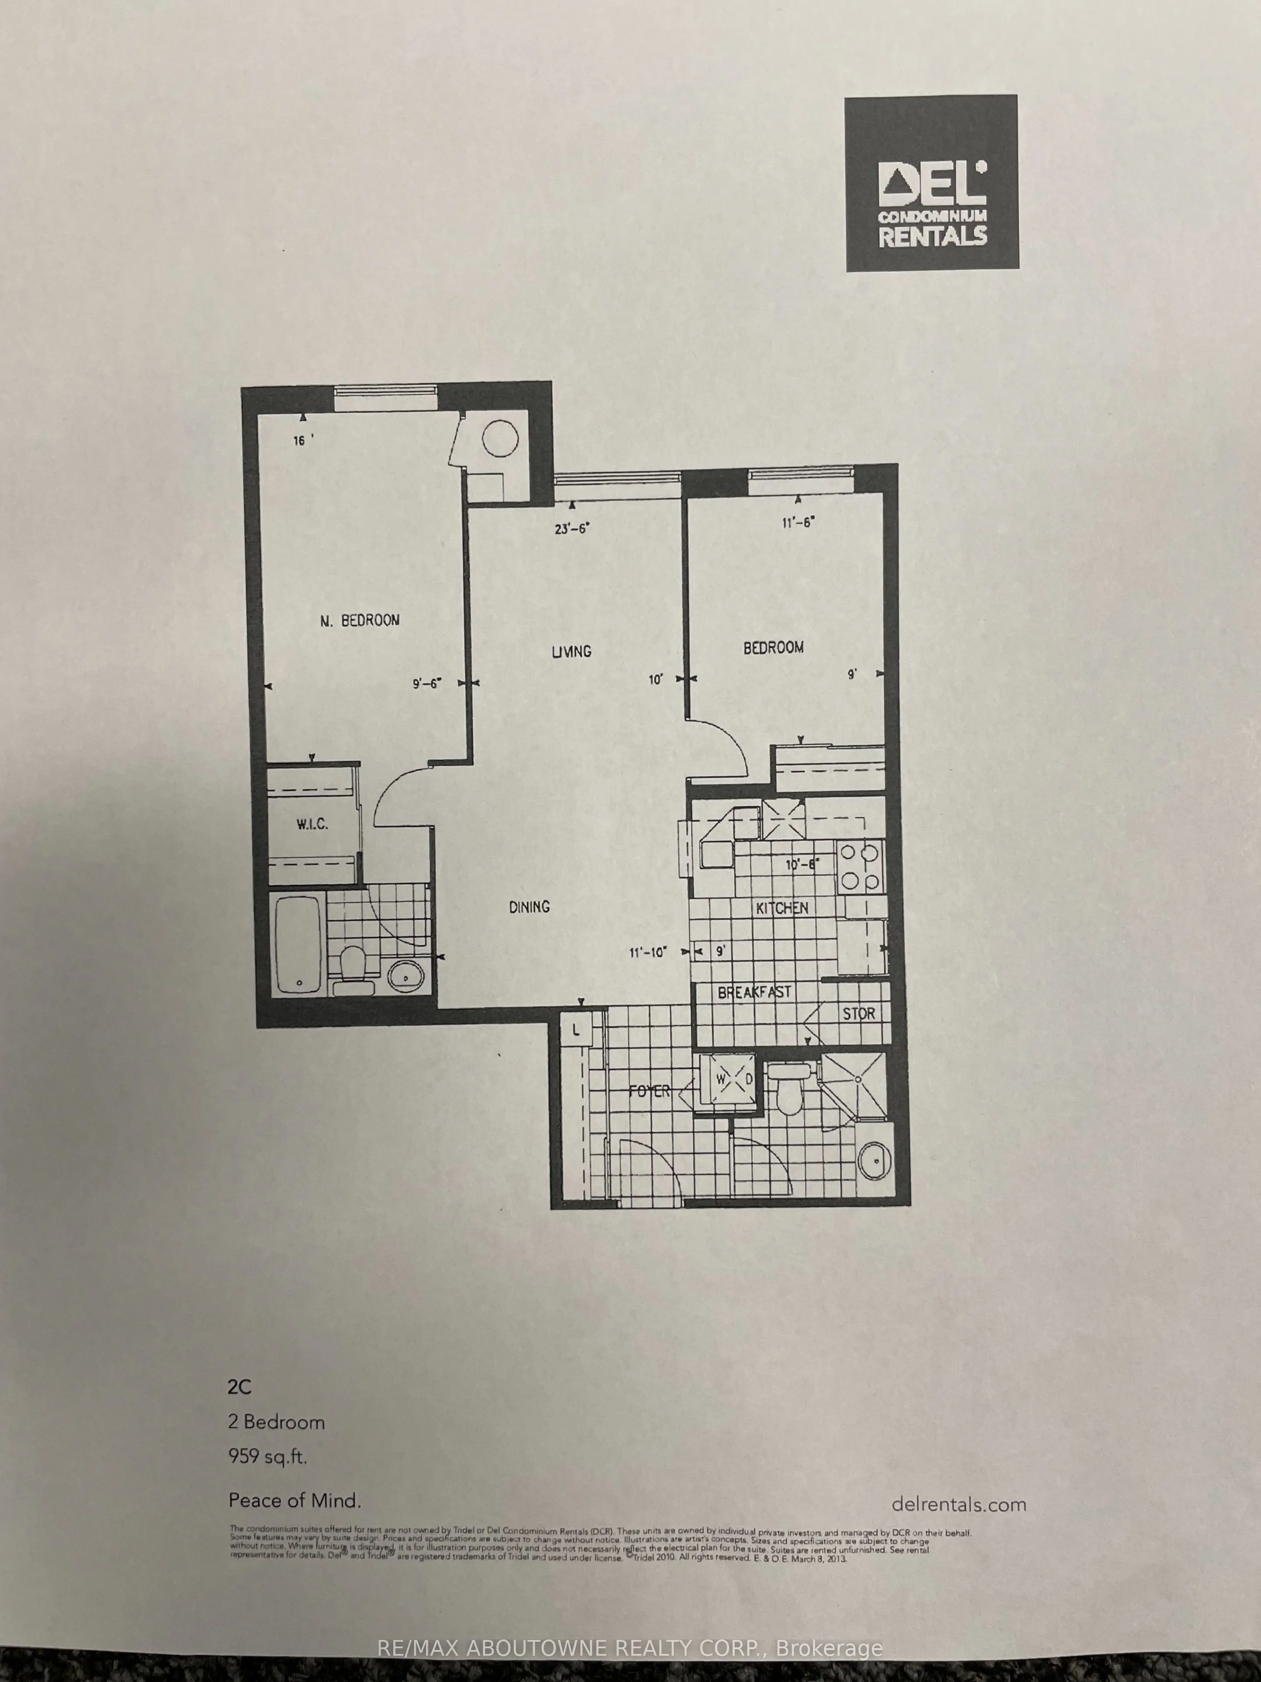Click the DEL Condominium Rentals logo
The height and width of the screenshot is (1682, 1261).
tap(931, 183)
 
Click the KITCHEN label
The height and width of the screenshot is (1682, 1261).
tap(782, 908)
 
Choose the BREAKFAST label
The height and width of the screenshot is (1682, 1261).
tap(755, 992)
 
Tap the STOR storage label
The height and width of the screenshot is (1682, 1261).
tap(858, 1014)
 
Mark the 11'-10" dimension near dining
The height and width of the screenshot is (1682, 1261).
tap(648, 952)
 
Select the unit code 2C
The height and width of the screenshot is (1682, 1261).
tap(240, 1386)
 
